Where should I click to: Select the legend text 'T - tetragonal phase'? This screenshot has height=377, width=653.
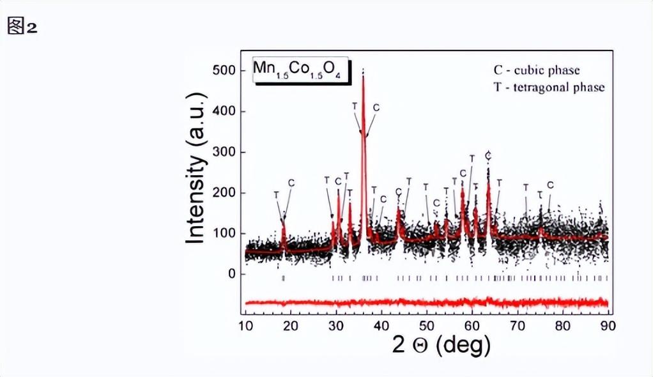(549, 87)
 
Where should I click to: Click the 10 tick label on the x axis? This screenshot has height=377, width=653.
(246, 325)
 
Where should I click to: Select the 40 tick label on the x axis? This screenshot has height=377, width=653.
(381, 325)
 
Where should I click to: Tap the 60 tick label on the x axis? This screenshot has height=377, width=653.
(472, 325)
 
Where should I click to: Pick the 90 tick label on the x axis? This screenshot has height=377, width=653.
(607, 325)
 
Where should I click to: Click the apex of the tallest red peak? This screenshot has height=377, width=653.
(364, 75)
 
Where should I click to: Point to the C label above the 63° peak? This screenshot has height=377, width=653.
(488, 155)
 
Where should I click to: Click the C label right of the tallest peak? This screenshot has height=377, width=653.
(376, 107)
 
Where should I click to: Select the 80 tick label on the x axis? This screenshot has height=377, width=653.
(562, 325)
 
